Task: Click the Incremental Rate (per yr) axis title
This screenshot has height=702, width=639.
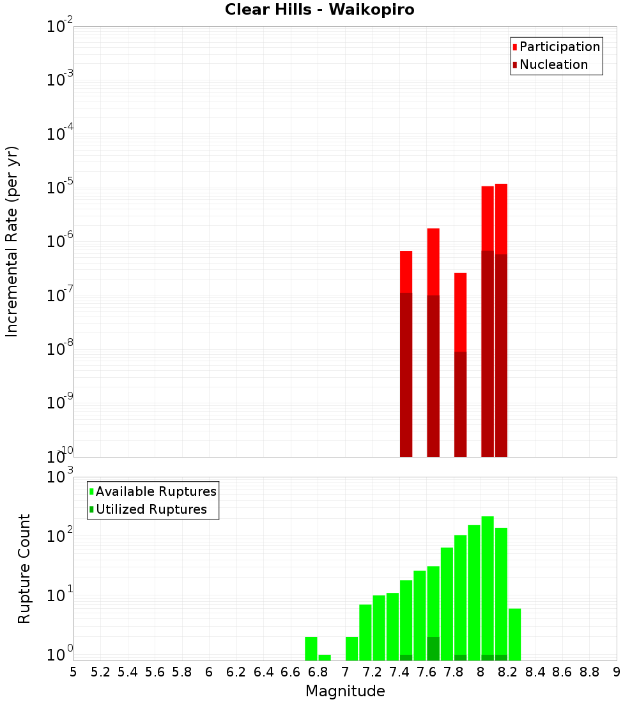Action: click(12, 241)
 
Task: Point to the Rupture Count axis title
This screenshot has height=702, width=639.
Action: click(24, 568)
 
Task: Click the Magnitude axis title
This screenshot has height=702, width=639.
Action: click(345, 691)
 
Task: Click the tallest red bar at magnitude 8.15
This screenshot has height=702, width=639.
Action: click(501, 217)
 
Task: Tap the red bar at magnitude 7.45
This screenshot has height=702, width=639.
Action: click(406, 271)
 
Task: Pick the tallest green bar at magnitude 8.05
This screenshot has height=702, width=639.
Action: click(488, 587)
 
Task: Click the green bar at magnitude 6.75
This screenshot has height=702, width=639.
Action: click(311, 648)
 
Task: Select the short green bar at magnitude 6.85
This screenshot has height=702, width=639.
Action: click(325, 657)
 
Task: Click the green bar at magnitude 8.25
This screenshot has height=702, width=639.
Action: click(514, 634)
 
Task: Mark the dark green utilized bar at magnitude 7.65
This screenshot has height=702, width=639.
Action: click(433, 648)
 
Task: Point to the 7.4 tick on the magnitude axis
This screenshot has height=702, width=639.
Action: click(399, 672)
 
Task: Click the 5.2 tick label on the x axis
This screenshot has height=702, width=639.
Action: click(100, 672)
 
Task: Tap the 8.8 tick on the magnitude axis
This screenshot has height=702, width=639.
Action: click(589, 672)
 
